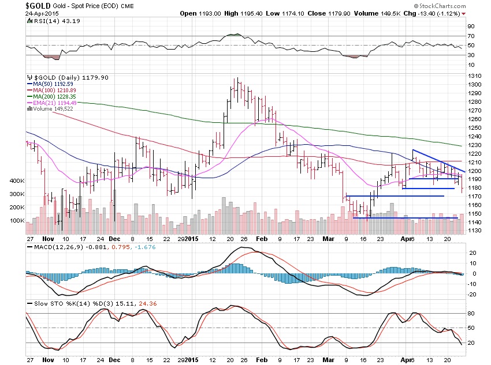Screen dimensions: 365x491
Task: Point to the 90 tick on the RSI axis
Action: [471, 27]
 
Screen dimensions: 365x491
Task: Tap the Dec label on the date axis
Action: [114, 238]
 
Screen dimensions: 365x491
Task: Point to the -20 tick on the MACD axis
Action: [472, 294]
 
